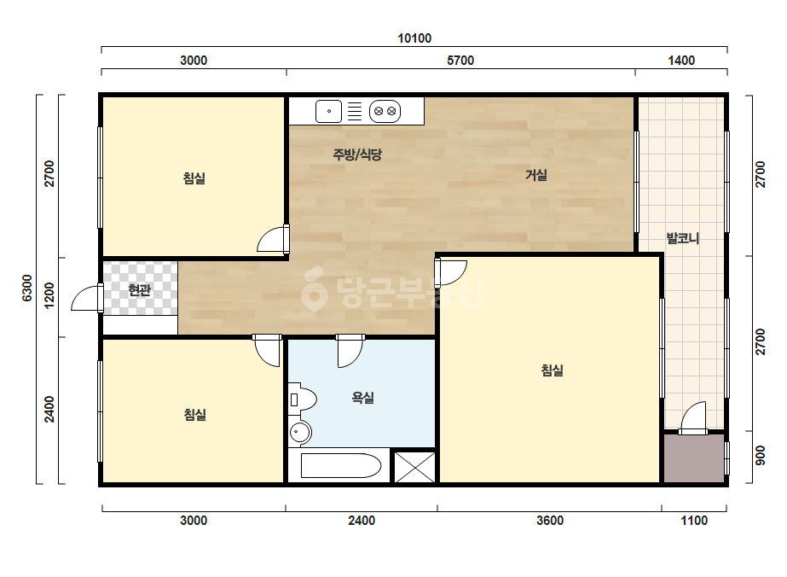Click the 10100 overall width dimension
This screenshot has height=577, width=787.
pyautogui.click(x=414, y=38)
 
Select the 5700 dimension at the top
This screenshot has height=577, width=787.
pyautogui.click(x=460, y=61)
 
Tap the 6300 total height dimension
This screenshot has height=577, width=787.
pyautogui.click(x=27, y=288)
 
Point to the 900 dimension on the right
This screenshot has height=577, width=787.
pyautogui.click(x=761, y=455)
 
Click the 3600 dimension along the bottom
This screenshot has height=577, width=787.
pyautogui.click(x=550, y=520)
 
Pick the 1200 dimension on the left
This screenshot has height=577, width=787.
pyautogui.click(x=49, y=295)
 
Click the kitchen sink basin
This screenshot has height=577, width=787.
pyautogui.click(x=329, y=111)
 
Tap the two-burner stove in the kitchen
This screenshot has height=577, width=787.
pyautogui.click(x=385, y=111)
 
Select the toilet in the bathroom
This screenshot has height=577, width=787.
pyautogui.click(x=303, y=400)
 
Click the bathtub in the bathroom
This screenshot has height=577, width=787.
pyautogui.click(x=340, y=465)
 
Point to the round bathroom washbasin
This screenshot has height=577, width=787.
pyautogui.click(x=300, y=432)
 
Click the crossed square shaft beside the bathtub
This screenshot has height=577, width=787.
pyautogui.click(x=414, y=467)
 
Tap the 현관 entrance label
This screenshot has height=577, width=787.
pyautogui.click(x=140, y=290)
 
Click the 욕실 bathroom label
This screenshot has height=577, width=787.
pyautogui.click(x=362, y=398)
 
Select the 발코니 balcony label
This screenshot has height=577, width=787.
pyautogui.click(x=683, y=238)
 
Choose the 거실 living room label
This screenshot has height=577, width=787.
pyautogui.click(x=536, y=175)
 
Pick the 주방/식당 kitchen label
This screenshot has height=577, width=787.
pyautogui.click(x=357, y=154)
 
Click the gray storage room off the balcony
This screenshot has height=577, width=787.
pyautogui.click(x=694, y=458)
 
